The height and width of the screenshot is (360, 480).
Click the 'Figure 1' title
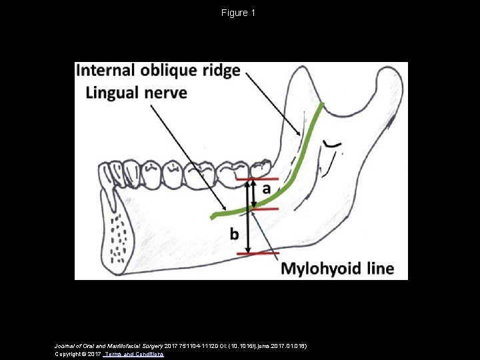point(239,13)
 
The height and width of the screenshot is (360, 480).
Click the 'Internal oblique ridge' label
point(158,71)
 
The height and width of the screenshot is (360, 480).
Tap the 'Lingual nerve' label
point(136,92)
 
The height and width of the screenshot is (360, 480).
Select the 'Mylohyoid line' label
point(337,269)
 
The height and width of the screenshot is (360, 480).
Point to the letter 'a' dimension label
point(266,189)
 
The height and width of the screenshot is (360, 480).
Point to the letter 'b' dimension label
point(235,234)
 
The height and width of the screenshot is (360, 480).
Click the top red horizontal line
point(253,179)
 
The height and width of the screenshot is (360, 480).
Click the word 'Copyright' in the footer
point(69,354)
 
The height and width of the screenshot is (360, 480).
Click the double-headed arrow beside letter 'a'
point(252,193)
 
